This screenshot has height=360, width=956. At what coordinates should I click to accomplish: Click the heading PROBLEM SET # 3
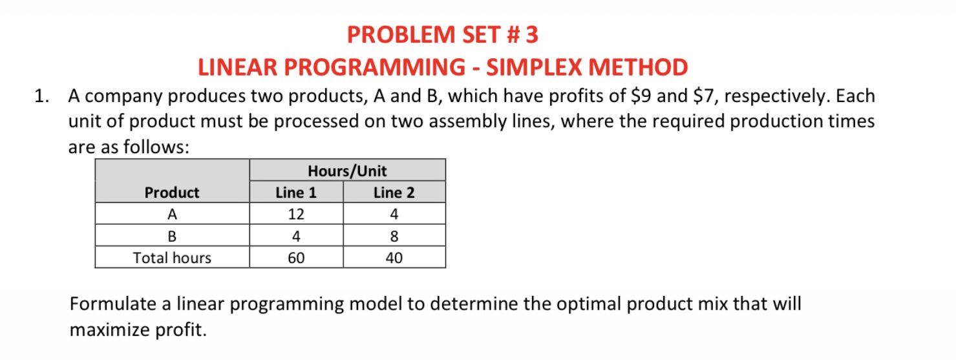pos(442,34)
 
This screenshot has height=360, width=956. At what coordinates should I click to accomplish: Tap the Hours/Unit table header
pos(347,171)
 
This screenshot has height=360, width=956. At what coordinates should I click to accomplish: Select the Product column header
pos(172,193)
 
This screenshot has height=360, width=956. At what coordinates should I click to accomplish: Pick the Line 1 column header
pos(296,193)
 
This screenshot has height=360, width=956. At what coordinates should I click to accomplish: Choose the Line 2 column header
pos(394,193)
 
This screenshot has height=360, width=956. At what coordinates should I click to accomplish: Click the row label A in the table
pos(172,214)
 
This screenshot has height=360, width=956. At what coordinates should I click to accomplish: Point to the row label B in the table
pos(172,236)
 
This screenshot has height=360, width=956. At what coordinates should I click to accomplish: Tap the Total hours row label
pos(172,258)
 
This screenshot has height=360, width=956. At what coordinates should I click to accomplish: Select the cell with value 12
pos(296,214)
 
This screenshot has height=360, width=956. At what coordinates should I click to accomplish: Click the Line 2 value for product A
pos(394,214)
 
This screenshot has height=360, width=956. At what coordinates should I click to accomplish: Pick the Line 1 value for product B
pos(296,236)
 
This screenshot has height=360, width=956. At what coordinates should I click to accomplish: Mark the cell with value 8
pos(394,236)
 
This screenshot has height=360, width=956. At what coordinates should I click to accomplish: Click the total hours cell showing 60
pos(296,258)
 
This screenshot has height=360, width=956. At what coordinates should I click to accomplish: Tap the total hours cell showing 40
pos(394,258)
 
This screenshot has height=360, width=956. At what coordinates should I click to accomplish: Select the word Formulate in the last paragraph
pos(110,304)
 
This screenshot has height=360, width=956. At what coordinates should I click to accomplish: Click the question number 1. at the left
pos(42,97)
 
